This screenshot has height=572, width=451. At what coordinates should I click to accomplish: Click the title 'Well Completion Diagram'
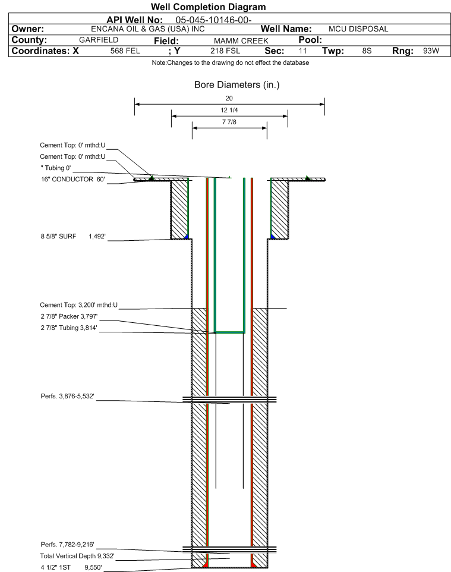coord(209,7)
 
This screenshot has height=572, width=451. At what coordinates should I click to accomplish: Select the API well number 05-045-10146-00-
coord(214,20)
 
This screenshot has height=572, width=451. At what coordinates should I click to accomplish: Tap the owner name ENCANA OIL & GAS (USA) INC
coord(148,29)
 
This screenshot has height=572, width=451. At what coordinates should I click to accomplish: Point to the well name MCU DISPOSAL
coord(358,29)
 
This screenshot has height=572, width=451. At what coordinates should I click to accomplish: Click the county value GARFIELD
coord(99,40)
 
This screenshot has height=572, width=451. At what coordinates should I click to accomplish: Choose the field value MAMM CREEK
coord(241,41)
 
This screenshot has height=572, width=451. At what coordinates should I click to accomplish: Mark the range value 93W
coord(431,51)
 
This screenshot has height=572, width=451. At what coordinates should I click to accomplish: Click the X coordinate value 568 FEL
coord(125,51)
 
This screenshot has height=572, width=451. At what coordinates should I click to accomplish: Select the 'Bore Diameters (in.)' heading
coord(237,85)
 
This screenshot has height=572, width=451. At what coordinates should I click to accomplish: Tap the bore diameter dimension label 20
coord(229,98)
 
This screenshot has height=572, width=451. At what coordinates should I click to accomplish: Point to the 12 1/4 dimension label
coord(229,110)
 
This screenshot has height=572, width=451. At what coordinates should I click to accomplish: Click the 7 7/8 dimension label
coord(229,122)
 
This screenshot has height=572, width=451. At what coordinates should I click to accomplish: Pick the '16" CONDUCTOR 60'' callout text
coord(73,179)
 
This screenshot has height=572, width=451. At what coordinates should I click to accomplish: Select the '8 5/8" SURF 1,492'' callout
coord(73,237)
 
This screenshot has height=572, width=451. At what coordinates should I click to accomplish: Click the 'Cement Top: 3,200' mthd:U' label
coord(79,305)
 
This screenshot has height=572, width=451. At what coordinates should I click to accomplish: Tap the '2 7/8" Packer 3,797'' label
coord(69,316)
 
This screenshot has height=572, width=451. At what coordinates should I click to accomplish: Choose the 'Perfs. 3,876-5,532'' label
coord(68,396)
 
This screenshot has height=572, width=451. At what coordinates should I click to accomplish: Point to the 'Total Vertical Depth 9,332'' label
coord(77,556)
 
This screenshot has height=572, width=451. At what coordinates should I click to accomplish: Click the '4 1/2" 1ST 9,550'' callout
coord(71,567)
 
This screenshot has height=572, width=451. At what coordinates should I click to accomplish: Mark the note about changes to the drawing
coord(231,63)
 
